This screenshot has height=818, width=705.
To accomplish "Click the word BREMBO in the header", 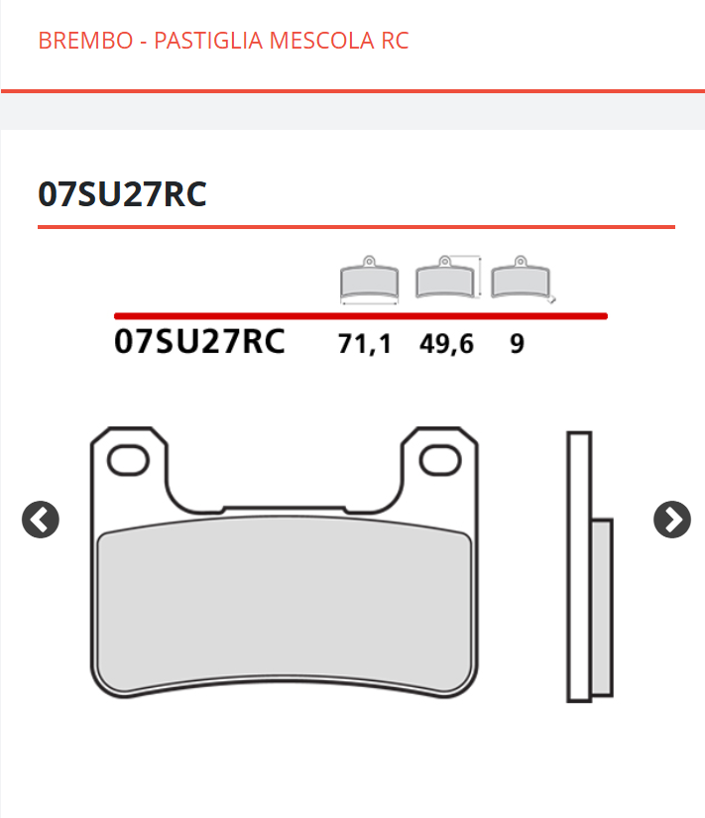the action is tap(85, 41).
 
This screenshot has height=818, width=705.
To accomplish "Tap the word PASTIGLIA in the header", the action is tap(208, 41).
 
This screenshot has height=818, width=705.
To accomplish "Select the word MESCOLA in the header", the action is tap(322, 41).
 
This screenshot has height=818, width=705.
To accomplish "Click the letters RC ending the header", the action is tap(395, 41).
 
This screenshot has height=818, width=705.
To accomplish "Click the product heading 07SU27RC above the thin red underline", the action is tap(122, 194).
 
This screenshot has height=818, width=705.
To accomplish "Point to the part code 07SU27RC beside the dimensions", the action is tap(199, 342).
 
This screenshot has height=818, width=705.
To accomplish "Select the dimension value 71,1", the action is tap(364, 344).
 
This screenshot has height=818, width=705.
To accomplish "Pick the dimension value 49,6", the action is tap(446, 344).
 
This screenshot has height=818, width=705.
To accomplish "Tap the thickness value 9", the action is tap(517, 344).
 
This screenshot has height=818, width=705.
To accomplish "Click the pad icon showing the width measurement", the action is tap(370, 281).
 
